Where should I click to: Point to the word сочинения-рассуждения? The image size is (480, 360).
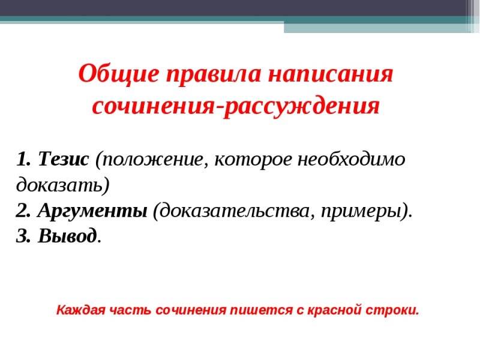click(x=236, y=106)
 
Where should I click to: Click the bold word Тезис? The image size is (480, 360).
click(x=63, y=159)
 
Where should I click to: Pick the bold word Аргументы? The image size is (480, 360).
click(x=92, y=211)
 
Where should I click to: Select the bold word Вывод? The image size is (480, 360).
click(x=67, y=236)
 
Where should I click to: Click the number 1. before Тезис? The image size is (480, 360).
click(x=24, y=159)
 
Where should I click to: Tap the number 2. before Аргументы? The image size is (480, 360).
click(x=24, y=211)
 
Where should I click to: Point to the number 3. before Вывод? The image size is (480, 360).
click(x=24, y=236)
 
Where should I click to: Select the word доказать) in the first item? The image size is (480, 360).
click(x=63, y=185)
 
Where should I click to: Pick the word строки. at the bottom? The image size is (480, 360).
click(x=394, y=310)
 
